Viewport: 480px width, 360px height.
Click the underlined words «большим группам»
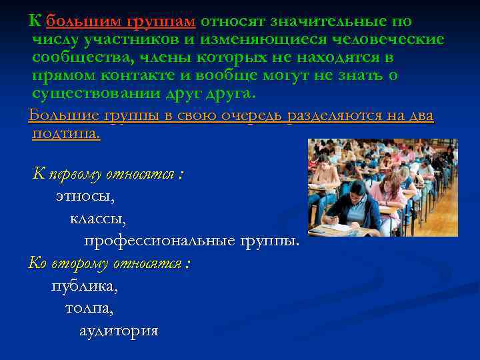click(x=121, y=21)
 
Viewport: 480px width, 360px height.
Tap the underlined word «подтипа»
click(x=65, y=133)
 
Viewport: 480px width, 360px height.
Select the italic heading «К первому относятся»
click(x=107, y=175)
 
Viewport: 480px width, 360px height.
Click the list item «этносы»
click(x=85, y=197)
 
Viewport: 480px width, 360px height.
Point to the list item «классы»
click(x=98, y=218)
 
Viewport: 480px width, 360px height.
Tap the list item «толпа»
click(x=89, y=308)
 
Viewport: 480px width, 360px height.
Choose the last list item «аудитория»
click(x=119, y=330)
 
